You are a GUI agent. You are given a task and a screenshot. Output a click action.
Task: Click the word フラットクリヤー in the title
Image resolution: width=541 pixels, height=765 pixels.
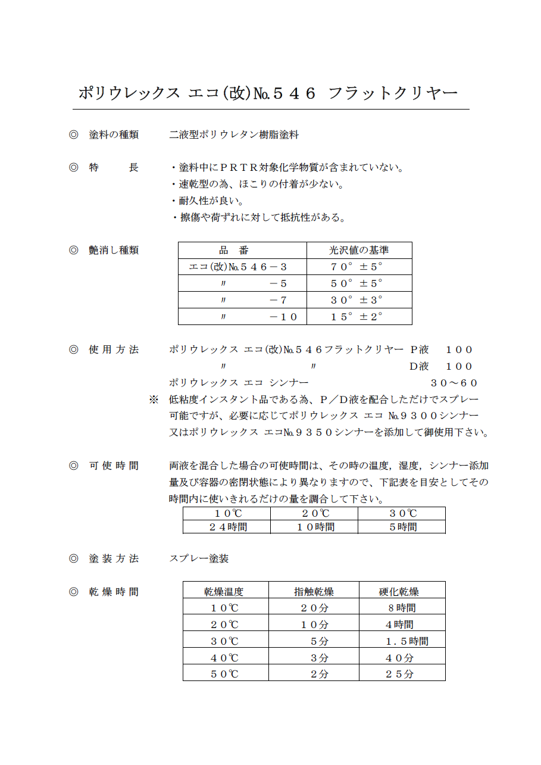pyautogui.click(x=393, y=93)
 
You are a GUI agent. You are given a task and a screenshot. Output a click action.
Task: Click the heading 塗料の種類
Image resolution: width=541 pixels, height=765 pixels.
pyautogui.click(x=114, y=135)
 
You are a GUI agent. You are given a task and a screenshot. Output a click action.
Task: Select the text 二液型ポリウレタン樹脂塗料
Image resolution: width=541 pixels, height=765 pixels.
pyautogui.click(x=234, y=135)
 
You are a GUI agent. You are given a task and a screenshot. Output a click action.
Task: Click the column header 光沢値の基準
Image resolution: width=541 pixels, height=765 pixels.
pyautogui.click(x=359, y=250)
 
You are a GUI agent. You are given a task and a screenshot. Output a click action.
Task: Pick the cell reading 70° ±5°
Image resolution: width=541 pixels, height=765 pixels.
pyautogui.click(x=357, y=267)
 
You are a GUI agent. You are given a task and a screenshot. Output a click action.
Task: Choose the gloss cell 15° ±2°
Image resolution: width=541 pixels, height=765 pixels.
pyautogui.click(x=357, y=317)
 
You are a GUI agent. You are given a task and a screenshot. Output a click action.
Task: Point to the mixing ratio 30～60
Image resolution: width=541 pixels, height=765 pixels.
pyautogui.click(x=454, y=383)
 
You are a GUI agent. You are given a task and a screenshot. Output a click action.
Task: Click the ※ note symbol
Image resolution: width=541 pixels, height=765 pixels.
pyautogui.click(x=154, y=399)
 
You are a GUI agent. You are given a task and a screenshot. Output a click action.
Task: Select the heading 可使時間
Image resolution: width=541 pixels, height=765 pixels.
pyautogui.click(x=114, y=466)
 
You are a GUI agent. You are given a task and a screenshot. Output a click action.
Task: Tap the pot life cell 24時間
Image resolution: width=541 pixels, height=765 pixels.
pyautogui.click(x=227, y=527)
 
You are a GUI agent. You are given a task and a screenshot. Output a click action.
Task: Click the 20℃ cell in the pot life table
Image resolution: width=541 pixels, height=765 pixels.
pyautogui.click(x=315, y=513)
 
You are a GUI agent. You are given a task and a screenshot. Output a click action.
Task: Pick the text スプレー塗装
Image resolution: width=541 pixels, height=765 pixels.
pyautogui.click(x=199, y=558)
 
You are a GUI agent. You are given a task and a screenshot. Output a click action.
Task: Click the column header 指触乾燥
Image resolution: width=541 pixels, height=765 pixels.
pyautogui.click(x=314, y=591)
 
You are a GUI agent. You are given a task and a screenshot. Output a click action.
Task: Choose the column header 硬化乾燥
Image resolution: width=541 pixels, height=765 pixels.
pyautogui.click(x=399, y=591)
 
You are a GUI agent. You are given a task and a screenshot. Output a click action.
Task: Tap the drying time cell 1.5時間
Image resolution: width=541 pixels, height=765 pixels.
pyautogui.click(x=406, y=641)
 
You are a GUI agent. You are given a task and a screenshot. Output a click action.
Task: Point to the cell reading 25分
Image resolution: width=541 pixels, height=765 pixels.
pyautogui.click(x=399, y=674)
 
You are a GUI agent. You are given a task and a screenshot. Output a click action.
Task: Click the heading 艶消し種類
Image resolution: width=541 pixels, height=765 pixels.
pyautogui.click(x=114, y=250)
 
